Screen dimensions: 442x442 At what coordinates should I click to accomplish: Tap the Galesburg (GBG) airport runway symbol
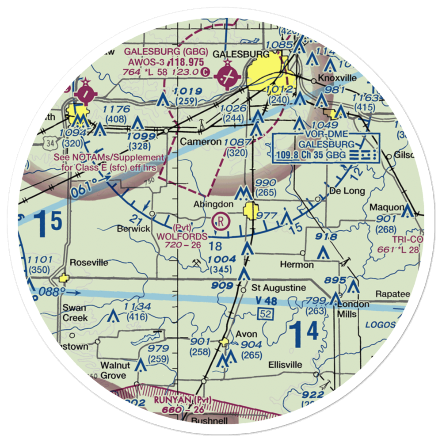(228, 76)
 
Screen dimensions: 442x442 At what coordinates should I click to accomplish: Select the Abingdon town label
(213, 204)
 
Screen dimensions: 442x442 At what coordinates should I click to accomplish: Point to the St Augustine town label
(278, 288)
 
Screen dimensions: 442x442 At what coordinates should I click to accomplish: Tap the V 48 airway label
(267, 301)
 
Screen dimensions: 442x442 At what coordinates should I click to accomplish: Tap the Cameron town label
(201, 142)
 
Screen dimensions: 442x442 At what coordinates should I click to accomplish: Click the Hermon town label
(297, 265)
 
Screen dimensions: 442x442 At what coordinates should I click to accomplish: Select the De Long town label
(347, 191)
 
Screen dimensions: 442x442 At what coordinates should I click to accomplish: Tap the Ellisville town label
(286, 365)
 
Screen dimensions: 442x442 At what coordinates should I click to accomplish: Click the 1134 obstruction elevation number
(137, 307)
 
